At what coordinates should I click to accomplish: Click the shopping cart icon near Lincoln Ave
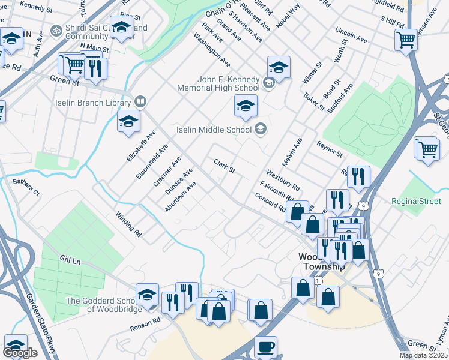(x=406, y=40)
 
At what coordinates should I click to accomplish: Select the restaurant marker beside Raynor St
(x=358, y=176)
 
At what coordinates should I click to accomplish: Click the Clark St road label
(x=223, y=166)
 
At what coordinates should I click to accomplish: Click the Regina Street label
(x=415, y=201)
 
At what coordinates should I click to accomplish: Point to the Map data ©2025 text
(x=423, y=356)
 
